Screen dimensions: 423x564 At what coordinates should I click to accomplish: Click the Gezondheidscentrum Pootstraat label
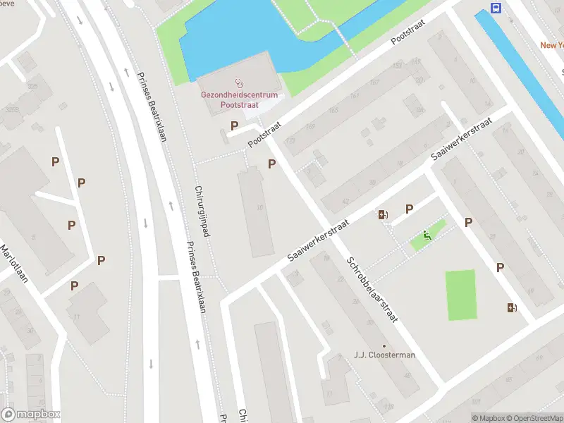[x=239, y=99]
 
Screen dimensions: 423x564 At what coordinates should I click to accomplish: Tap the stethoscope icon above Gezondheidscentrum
[x=240, y=83]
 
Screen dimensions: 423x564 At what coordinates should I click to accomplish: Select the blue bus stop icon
[x=496, y=8]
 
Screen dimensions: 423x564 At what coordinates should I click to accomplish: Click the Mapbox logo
[x=31, y=415]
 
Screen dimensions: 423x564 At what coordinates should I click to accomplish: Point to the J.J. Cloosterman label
[x=384, y=355]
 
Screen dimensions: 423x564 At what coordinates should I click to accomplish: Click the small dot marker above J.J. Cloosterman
[x=384, y=345]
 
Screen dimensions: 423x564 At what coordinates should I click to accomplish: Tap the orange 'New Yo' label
[x=551, y=45]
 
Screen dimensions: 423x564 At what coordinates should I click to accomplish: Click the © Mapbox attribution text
[x=488, y=418]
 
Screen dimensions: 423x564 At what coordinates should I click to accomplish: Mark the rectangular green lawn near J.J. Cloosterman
[x=460, y=295]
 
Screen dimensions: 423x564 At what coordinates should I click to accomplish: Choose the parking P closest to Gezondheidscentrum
[x=234, y=125]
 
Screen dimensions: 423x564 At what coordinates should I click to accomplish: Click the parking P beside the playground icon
[x=409, y=209]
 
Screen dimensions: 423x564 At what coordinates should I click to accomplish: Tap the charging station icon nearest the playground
[x=383, y=215]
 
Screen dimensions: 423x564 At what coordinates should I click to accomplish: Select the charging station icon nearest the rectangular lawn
[x=512, y=307]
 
